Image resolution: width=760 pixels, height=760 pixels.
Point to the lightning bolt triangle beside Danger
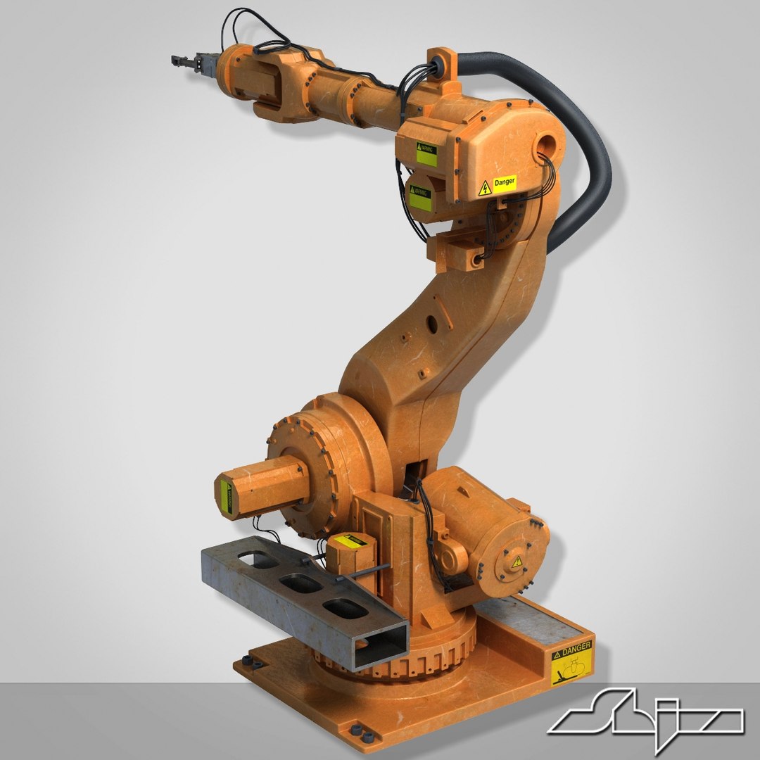(485, 188)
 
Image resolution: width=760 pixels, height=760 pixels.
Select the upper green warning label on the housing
(426, 154)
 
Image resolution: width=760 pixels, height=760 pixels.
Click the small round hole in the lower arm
(431, 322)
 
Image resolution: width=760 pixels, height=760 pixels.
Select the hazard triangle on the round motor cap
(517, 561)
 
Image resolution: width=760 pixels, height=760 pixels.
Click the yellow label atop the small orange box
(350, 541)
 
